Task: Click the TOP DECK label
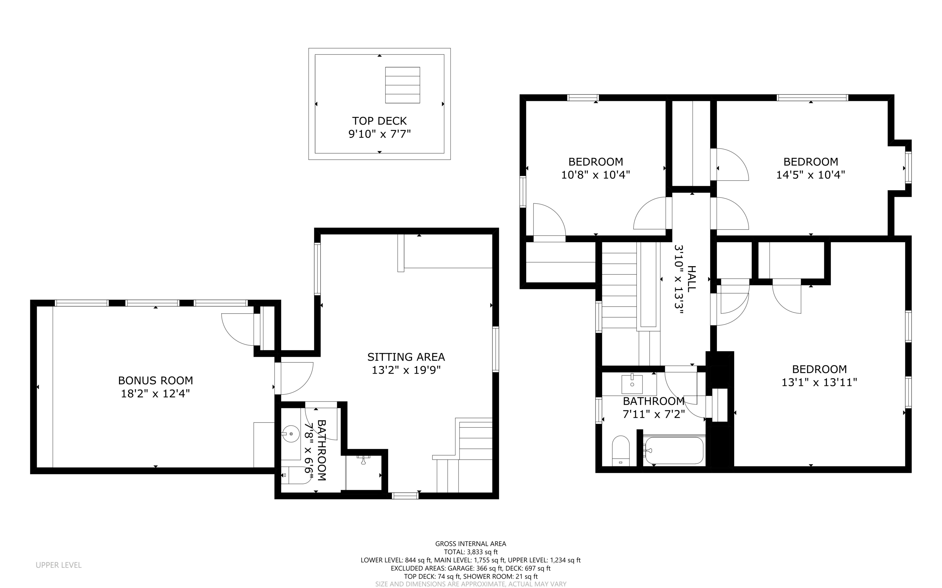coord(379,121)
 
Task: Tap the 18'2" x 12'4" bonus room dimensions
coord(155,394)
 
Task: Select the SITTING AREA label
coord(406,357)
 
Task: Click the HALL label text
coord(691,278)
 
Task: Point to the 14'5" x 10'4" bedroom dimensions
coord(810,175)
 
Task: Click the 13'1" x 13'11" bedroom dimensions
coord(819,382)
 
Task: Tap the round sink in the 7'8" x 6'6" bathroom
coord(291,434)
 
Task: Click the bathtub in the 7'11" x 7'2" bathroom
coord(674,450)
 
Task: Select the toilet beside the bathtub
coord(621,451)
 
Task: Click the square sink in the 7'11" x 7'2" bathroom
coord(632,384)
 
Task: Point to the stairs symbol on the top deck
coord(402,85)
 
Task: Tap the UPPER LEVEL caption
coord(59,565)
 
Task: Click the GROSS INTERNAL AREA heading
coord(470,544)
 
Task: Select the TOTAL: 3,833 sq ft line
coord(470,552)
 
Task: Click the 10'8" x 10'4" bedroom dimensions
coord(595,175)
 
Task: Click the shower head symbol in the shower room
coord(364,460)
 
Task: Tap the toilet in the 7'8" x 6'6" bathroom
coord(295,475)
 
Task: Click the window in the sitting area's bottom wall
coord(405,495)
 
